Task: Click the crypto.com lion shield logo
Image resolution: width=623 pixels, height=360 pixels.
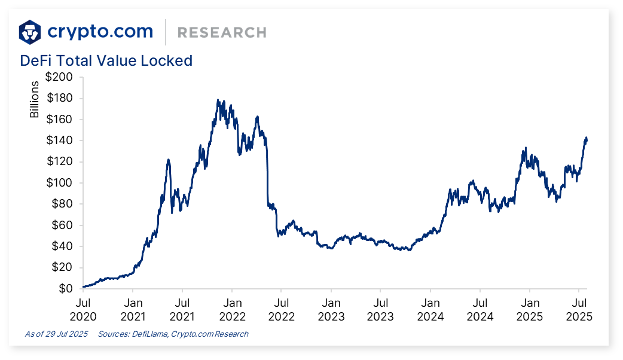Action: point(30,32)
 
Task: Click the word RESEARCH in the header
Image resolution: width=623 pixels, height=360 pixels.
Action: point(222,32)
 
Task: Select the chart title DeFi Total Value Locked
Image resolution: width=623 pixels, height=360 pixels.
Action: point(106,60)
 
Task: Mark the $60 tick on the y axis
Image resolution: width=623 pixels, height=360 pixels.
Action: point(62,225)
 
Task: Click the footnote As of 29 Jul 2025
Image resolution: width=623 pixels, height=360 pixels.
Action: point(56,334)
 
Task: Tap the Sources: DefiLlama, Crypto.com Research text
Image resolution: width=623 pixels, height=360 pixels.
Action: point(173,334)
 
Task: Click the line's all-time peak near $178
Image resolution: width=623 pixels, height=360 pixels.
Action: point(218,100)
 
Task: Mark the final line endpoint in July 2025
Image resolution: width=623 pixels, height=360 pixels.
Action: point(587,141)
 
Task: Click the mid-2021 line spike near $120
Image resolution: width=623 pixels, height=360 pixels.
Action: point(169,160)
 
